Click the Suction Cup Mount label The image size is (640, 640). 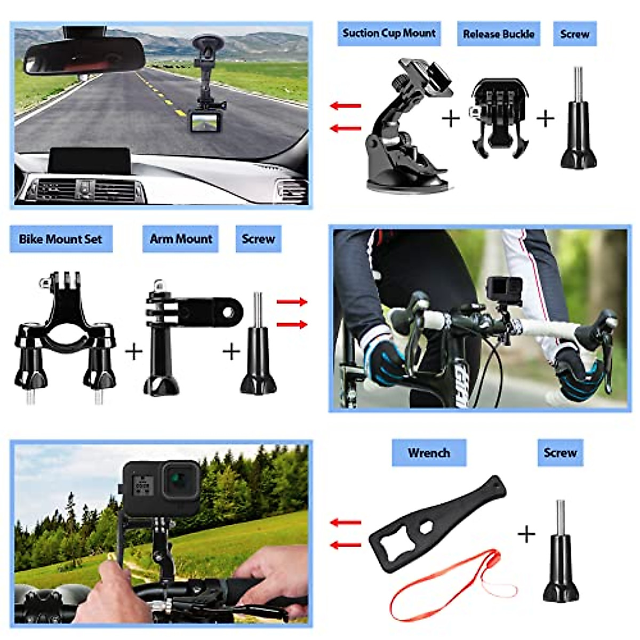[389, 34]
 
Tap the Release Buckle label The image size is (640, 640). [498, 34]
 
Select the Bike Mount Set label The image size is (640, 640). [60, 239]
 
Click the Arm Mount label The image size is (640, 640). [181, 239]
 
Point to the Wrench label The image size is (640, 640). [429, 453]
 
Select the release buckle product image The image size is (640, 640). [498, 118]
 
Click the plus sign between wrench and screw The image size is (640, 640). [526, 533]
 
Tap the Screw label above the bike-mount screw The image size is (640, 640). [258, 239]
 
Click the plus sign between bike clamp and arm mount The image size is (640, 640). [133, 351]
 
